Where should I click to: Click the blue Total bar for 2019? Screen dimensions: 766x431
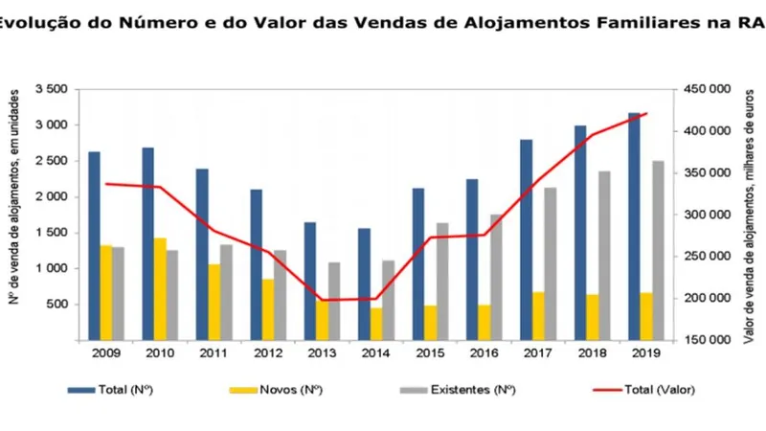(634, 226)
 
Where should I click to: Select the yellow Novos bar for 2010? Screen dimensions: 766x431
(160, 289)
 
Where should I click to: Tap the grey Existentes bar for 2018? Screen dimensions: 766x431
(604, 256)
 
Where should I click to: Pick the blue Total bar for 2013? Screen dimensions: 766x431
(310, 281)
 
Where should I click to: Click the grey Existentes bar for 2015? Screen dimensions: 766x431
(442, 282)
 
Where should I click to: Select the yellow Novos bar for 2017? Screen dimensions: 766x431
(538, 316)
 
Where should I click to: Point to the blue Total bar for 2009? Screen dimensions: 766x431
(94, 246)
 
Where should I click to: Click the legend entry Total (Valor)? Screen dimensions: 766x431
(643, 390)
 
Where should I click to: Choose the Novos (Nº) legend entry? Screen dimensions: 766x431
(276, 390)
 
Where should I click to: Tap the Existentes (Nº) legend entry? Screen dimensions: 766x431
(458, 390)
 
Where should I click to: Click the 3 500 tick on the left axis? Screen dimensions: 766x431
(51, 89)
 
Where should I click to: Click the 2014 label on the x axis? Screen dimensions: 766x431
(375, 352)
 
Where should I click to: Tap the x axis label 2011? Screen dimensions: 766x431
(214, 352)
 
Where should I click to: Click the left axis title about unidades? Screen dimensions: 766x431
(14, 197)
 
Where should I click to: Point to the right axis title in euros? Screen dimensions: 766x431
(750, 216)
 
